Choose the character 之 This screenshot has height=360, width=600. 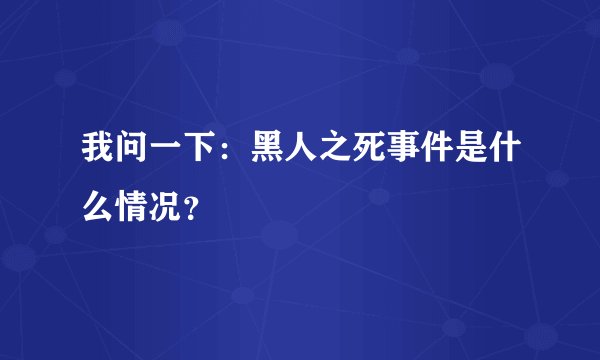(341, 150)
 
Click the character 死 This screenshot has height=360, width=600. (378, 150)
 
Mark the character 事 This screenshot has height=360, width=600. (414, 150)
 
